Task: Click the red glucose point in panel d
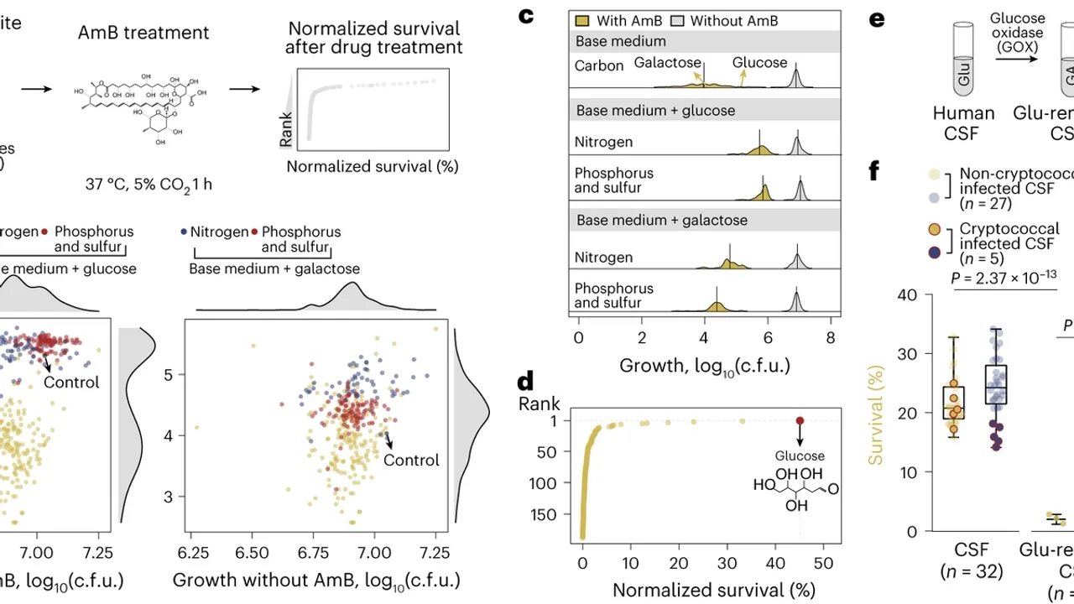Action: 800,420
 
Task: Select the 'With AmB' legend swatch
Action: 583,20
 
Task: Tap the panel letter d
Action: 526,382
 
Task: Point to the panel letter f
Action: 874,171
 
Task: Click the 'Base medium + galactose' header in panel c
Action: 655,221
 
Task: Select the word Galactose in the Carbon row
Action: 667,63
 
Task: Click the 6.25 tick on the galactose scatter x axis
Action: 194,554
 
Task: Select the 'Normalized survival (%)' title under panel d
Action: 713,591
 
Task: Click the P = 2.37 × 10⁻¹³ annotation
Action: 1014,278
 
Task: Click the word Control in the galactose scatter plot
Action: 411,461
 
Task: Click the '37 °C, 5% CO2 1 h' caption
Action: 149,184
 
